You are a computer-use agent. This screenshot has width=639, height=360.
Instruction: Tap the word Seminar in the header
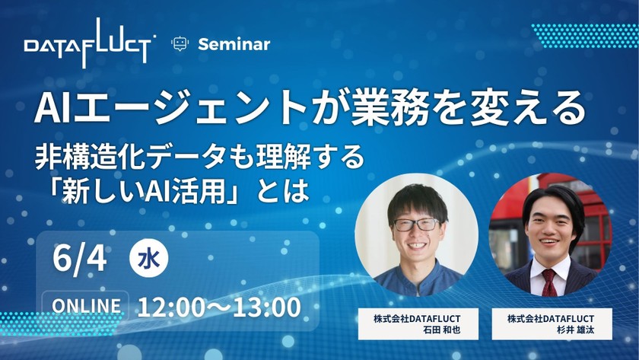tap(234, 44)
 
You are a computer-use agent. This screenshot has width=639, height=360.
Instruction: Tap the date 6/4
tap(80, 259)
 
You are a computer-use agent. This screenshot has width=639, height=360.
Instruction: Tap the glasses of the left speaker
tap(416, 224)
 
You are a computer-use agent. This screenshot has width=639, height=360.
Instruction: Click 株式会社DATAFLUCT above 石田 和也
tap(418, 317)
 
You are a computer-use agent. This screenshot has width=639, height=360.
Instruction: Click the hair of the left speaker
tap(415, 193)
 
